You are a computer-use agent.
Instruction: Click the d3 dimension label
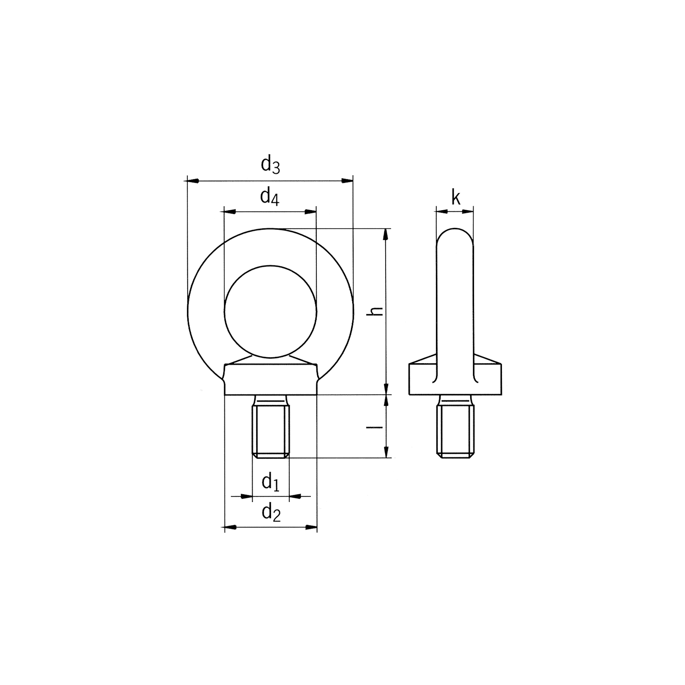[x=271, y=164]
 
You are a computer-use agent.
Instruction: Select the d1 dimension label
[x=271, y=482]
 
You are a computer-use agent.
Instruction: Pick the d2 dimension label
[x=271, y=513]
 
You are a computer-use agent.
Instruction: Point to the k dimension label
[x=456, y=197]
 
